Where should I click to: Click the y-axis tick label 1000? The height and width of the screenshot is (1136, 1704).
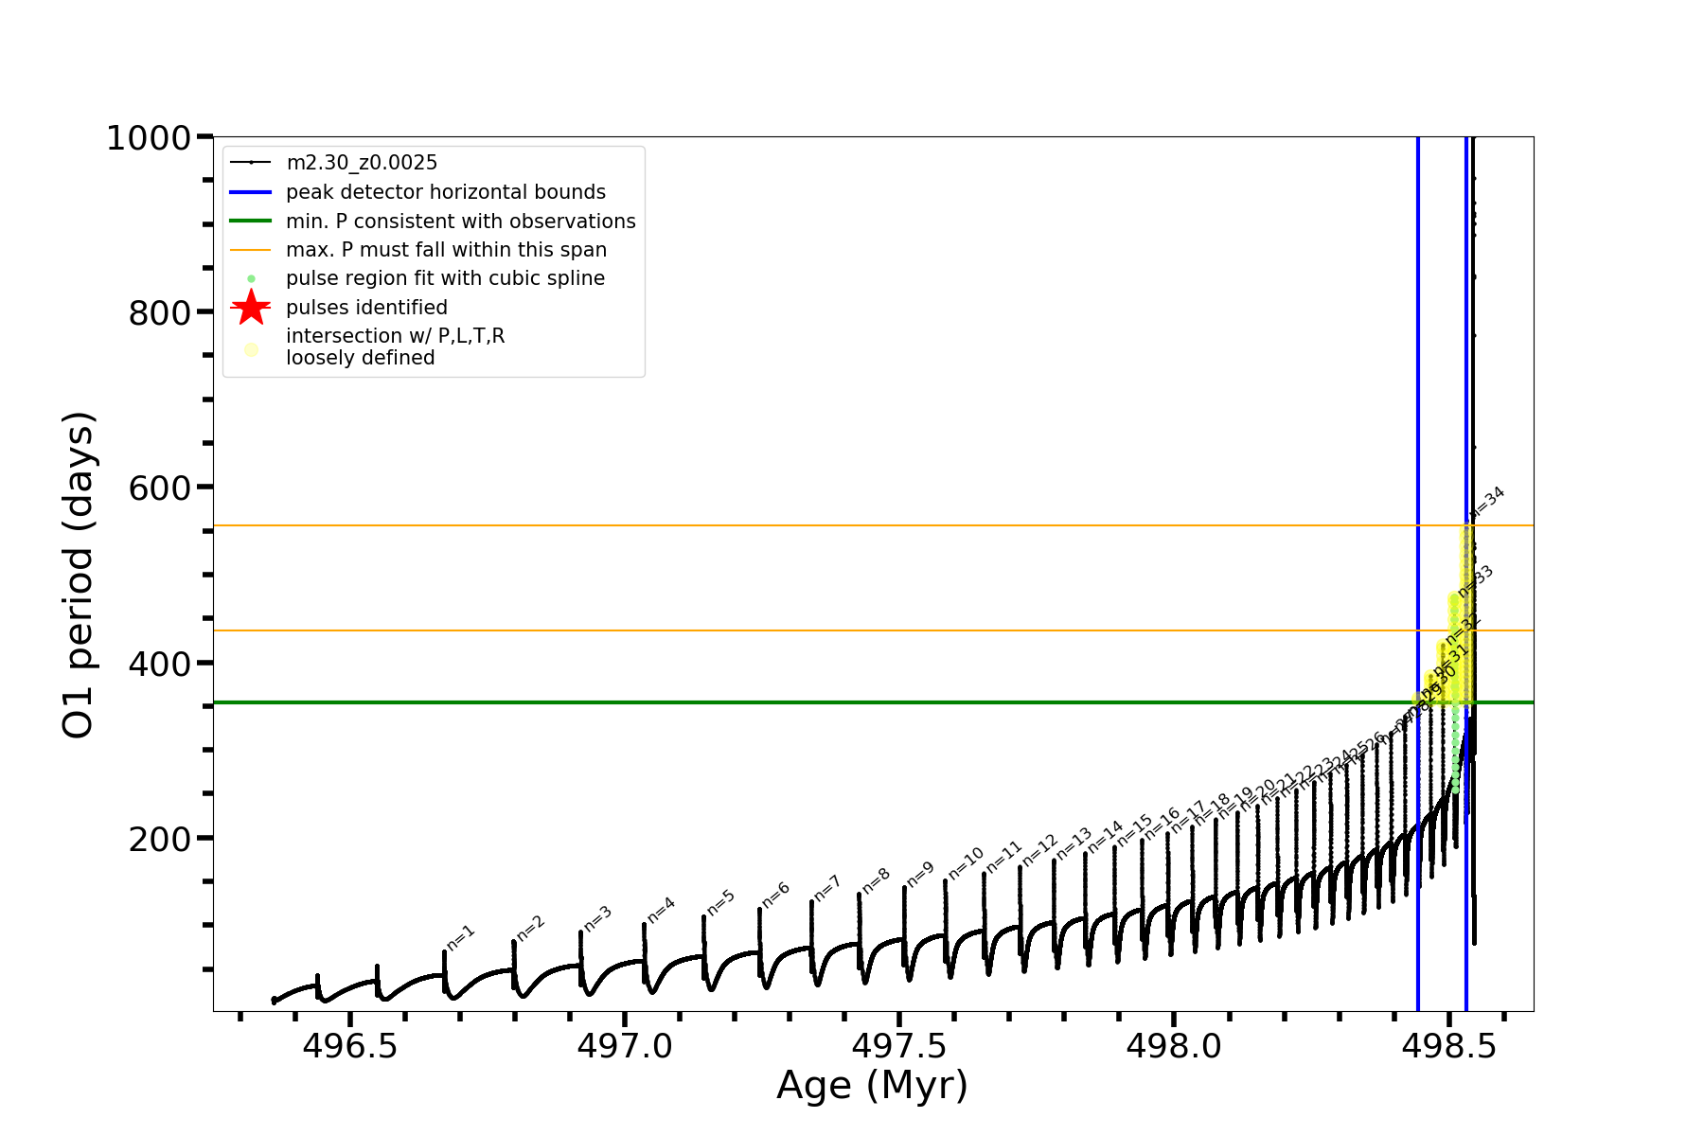coord(149,139)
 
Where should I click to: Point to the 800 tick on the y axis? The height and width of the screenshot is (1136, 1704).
coord(160,312)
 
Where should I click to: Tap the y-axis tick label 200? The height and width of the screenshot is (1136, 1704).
coord(160,839)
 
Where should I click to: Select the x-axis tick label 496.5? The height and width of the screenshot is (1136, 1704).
coord(350,1046)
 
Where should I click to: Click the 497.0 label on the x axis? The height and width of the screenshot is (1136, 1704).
coord(625,1046)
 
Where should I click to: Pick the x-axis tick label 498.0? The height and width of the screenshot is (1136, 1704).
coord(1174,1046)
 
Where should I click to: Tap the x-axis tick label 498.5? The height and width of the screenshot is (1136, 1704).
coord(1448,1046)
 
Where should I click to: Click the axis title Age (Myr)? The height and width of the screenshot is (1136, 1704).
coord(872,1086)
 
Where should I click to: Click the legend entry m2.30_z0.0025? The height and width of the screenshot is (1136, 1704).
coord(362,163)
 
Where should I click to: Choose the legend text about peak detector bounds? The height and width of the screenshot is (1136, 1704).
coord(445,192)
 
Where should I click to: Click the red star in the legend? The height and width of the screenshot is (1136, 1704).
coord(251,308)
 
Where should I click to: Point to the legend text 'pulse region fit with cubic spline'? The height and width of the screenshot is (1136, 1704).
coord(445,278)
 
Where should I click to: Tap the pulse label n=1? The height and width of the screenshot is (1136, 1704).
coord(461,937)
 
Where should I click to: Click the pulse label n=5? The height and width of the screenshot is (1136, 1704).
coord(720,903)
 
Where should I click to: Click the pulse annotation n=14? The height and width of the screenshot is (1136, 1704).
coord(1105,837)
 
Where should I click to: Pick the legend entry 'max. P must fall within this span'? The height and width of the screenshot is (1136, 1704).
coord(446,250)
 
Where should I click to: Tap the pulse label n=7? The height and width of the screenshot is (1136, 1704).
coord(826,889)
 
